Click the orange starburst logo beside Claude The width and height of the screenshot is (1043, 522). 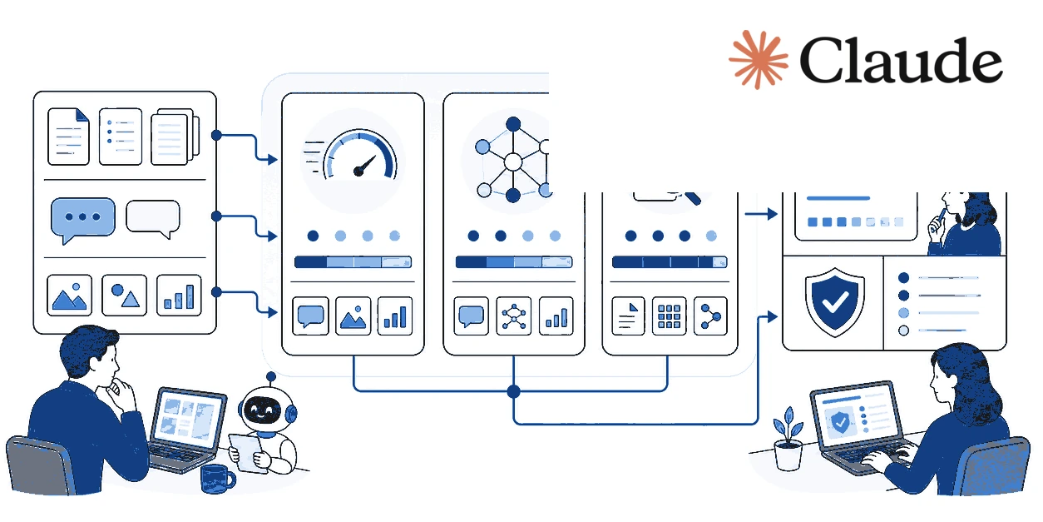click(x=758, y=59)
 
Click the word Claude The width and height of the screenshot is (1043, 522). click(x=901, y=61)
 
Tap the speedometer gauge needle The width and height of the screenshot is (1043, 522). click(x=364, y=167)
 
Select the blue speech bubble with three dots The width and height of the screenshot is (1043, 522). click(x=82, y=220)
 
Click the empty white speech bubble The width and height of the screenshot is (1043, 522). click(x=153, y=218)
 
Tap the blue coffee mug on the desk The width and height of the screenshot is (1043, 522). click(x=217, y=479)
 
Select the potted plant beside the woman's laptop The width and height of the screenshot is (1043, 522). click(x=788, y=440)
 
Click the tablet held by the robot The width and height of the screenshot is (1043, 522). click(x=247, y=453)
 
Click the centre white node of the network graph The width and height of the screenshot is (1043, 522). click(x=513, y=162)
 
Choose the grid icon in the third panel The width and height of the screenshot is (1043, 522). click(x=669, y=316)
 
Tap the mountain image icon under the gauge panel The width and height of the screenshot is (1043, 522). click(x=353, y=316)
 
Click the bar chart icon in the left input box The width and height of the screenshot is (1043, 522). click(x=179, y=296)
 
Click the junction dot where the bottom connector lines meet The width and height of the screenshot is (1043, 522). click(x=513, y=391)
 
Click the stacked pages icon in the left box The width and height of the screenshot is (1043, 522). click(x=175, y=137)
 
